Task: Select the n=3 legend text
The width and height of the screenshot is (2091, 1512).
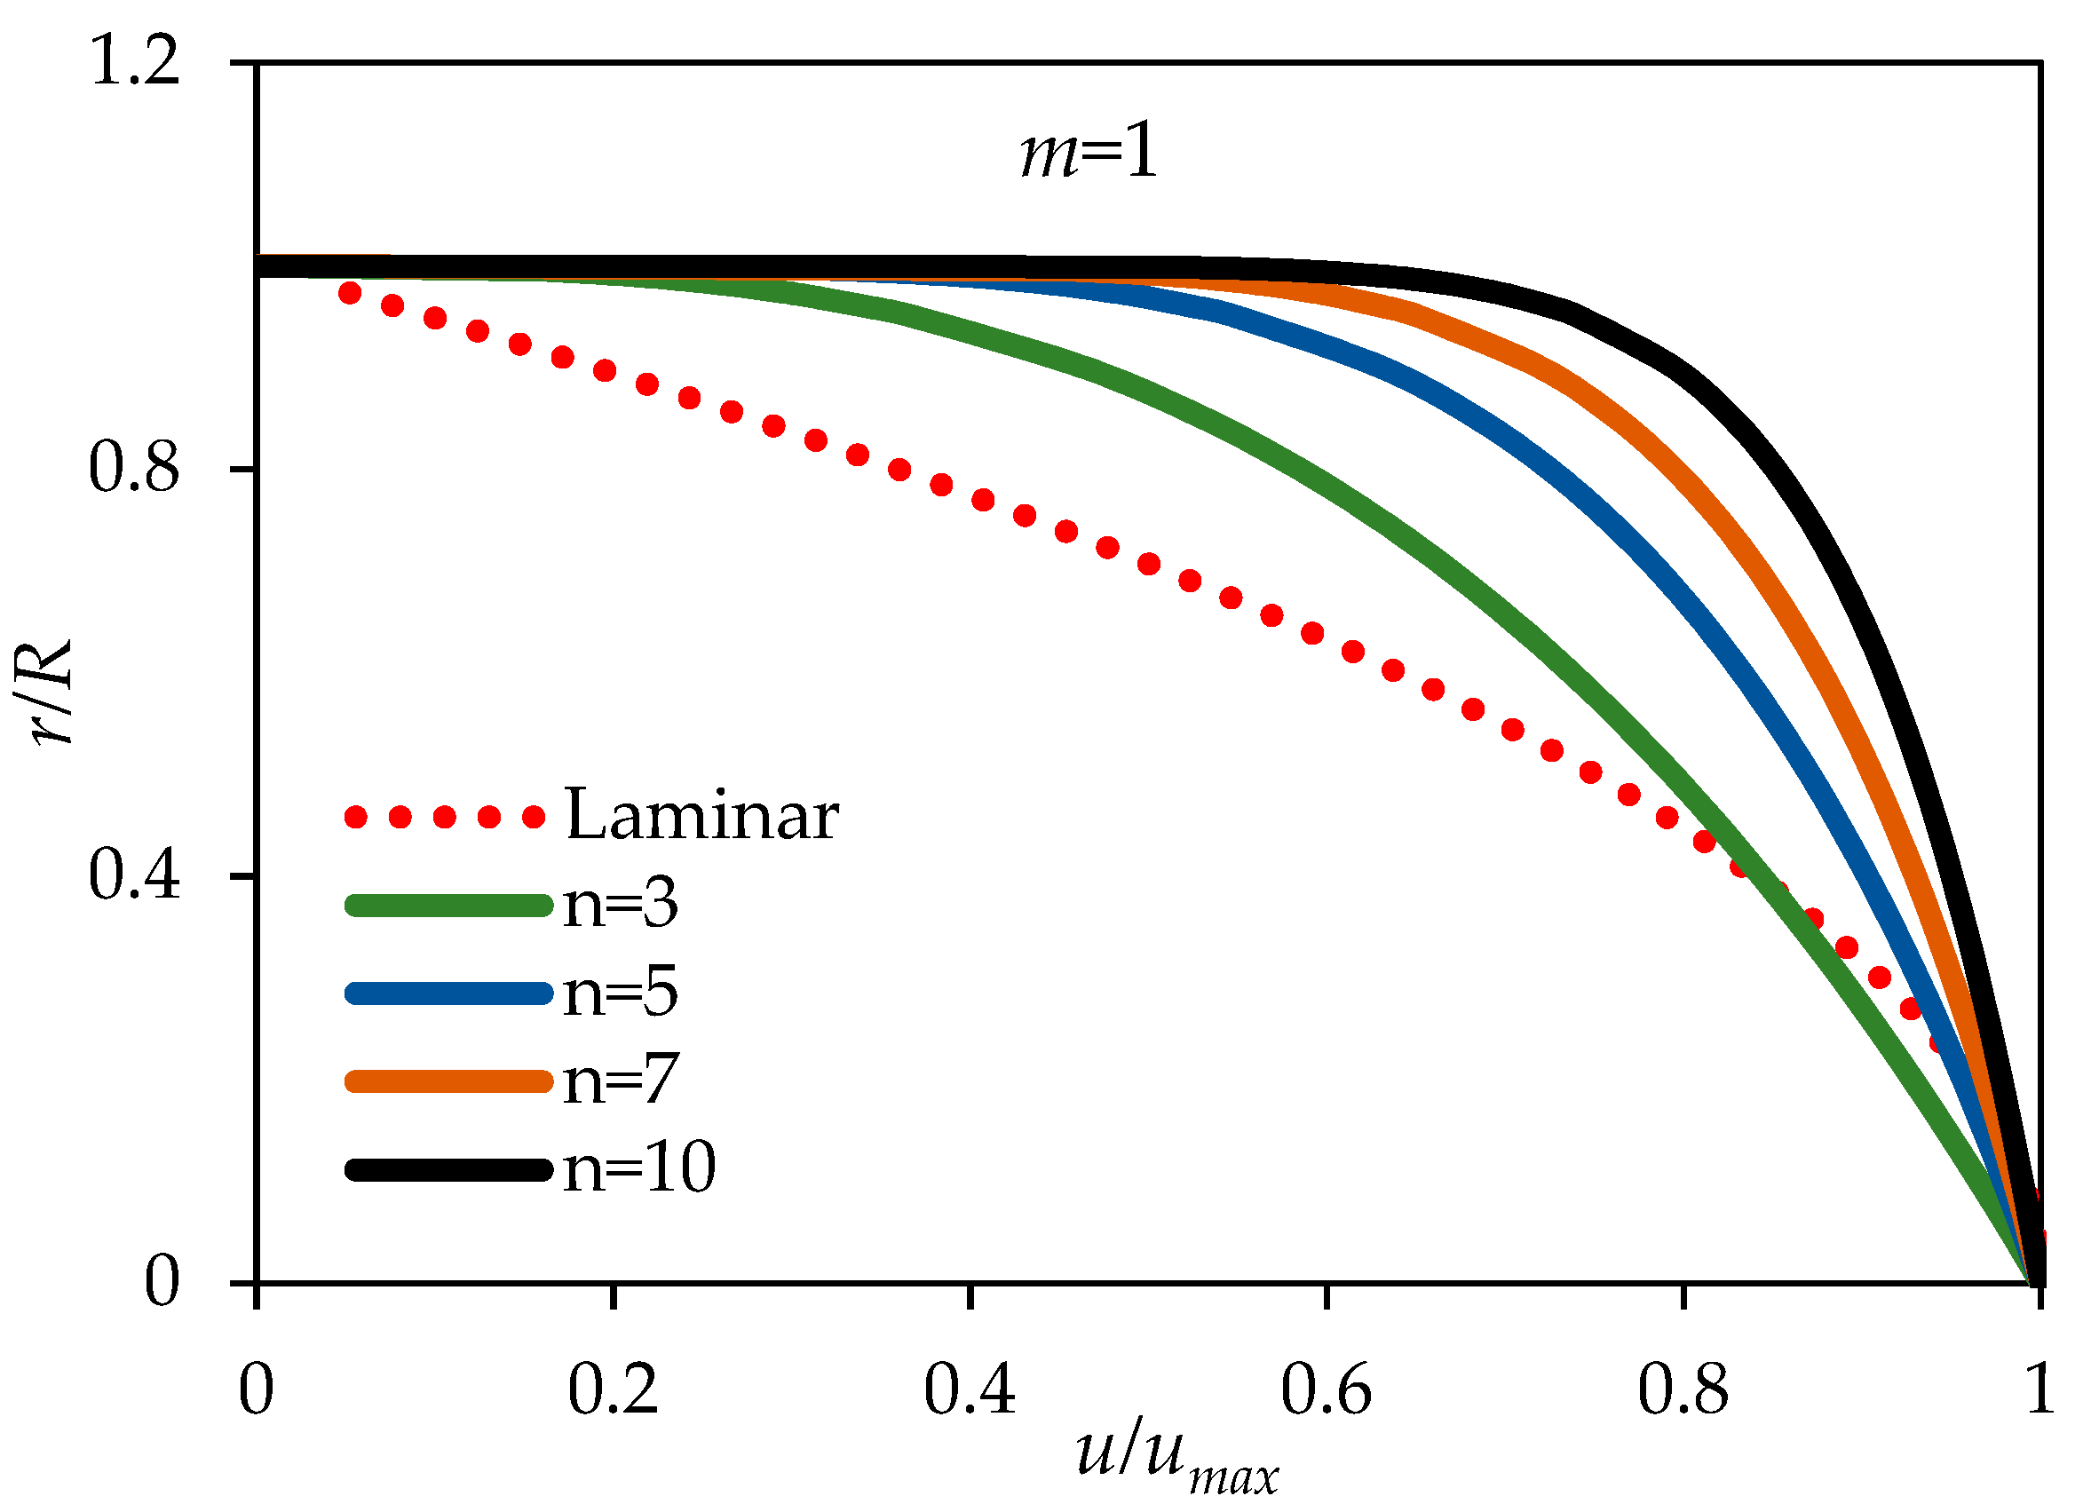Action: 621,904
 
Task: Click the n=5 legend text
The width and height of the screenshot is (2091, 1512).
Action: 621,992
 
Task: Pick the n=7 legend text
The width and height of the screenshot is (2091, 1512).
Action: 621,1080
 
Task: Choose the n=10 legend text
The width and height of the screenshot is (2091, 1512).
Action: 639,1168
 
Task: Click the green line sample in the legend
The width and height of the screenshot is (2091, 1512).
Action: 448,906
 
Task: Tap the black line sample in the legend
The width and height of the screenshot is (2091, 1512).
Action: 448,1170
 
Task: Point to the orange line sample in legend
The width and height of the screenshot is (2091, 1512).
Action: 448,1081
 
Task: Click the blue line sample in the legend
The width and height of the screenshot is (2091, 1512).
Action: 448,993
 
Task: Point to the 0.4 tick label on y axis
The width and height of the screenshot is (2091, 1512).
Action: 135,875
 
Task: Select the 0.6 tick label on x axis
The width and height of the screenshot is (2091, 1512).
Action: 1326,1390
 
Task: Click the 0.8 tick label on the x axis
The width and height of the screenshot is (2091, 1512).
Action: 1683,1390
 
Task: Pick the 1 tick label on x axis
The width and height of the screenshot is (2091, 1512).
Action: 2040,1390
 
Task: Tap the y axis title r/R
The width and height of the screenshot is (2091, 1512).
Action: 51,692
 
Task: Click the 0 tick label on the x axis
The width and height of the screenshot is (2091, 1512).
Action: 257,1390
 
